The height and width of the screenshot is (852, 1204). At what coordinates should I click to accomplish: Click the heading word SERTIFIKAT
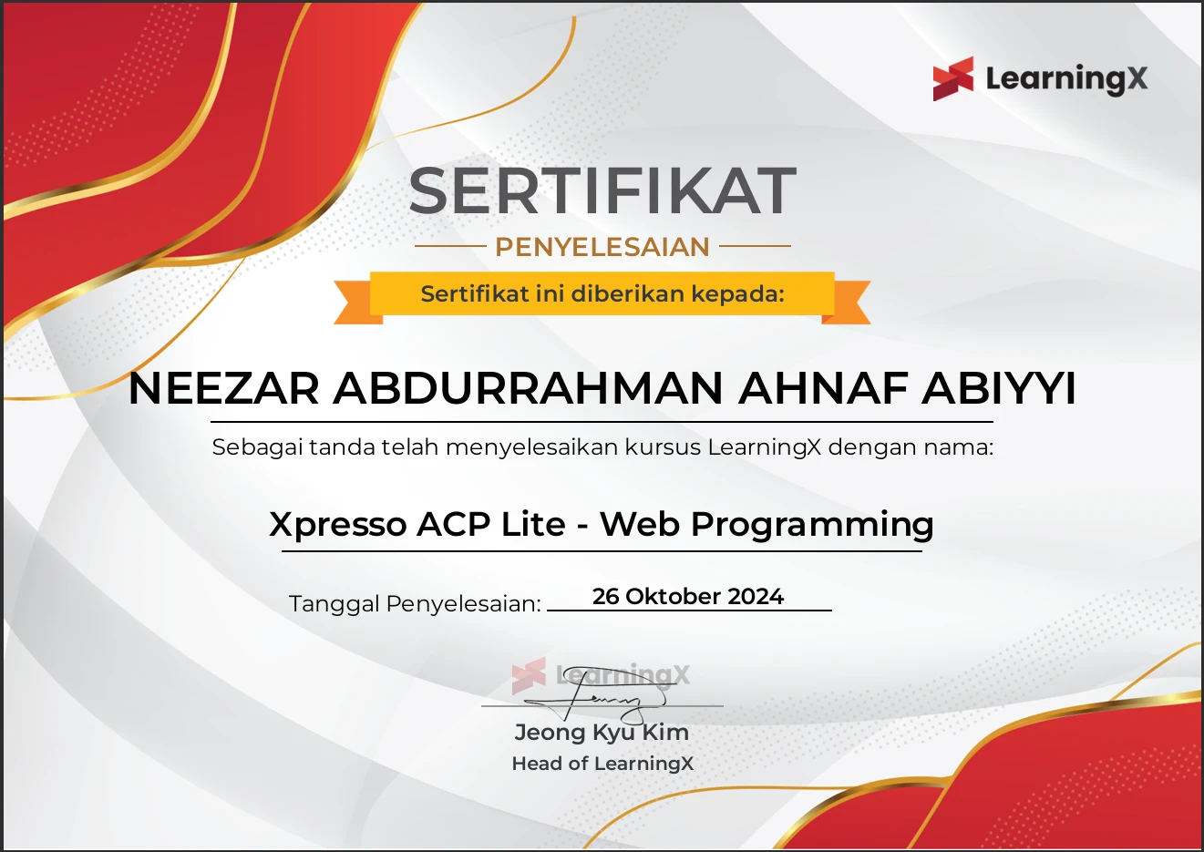click(602, 191)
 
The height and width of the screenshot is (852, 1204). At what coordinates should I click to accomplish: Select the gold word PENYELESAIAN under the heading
click(602, 247)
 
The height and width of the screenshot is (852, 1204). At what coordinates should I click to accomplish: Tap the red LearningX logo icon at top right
click(952, 78)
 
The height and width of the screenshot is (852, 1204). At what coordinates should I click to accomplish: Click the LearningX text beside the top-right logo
click(1066, 79)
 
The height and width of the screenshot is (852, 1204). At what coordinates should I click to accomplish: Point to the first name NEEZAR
click(224, 389)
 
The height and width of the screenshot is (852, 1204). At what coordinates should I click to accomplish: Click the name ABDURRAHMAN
click(528, 389)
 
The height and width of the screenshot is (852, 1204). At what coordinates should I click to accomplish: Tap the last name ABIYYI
click(999, 389)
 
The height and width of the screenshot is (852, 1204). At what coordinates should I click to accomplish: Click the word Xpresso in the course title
click(338, 525)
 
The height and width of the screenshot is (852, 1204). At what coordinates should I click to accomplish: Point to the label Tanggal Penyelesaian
click(415, 604)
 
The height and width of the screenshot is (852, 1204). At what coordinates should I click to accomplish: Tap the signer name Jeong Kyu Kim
click(602, 733)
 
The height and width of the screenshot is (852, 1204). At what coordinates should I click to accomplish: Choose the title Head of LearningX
click(602, 764)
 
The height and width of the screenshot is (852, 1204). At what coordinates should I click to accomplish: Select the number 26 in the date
click(605, 597)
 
